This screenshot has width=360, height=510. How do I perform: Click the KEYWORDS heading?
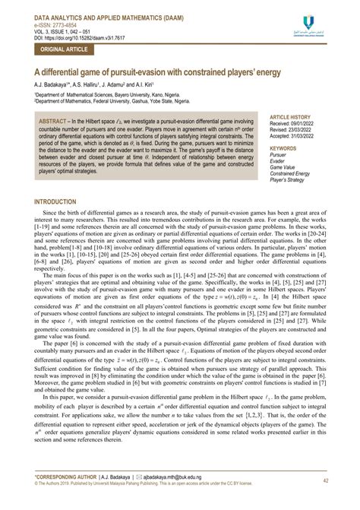pyautogui.click(x=283, y=148)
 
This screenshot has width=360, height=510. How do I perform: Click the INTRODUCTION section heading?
pyautogui.click(x=61, y=202)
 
